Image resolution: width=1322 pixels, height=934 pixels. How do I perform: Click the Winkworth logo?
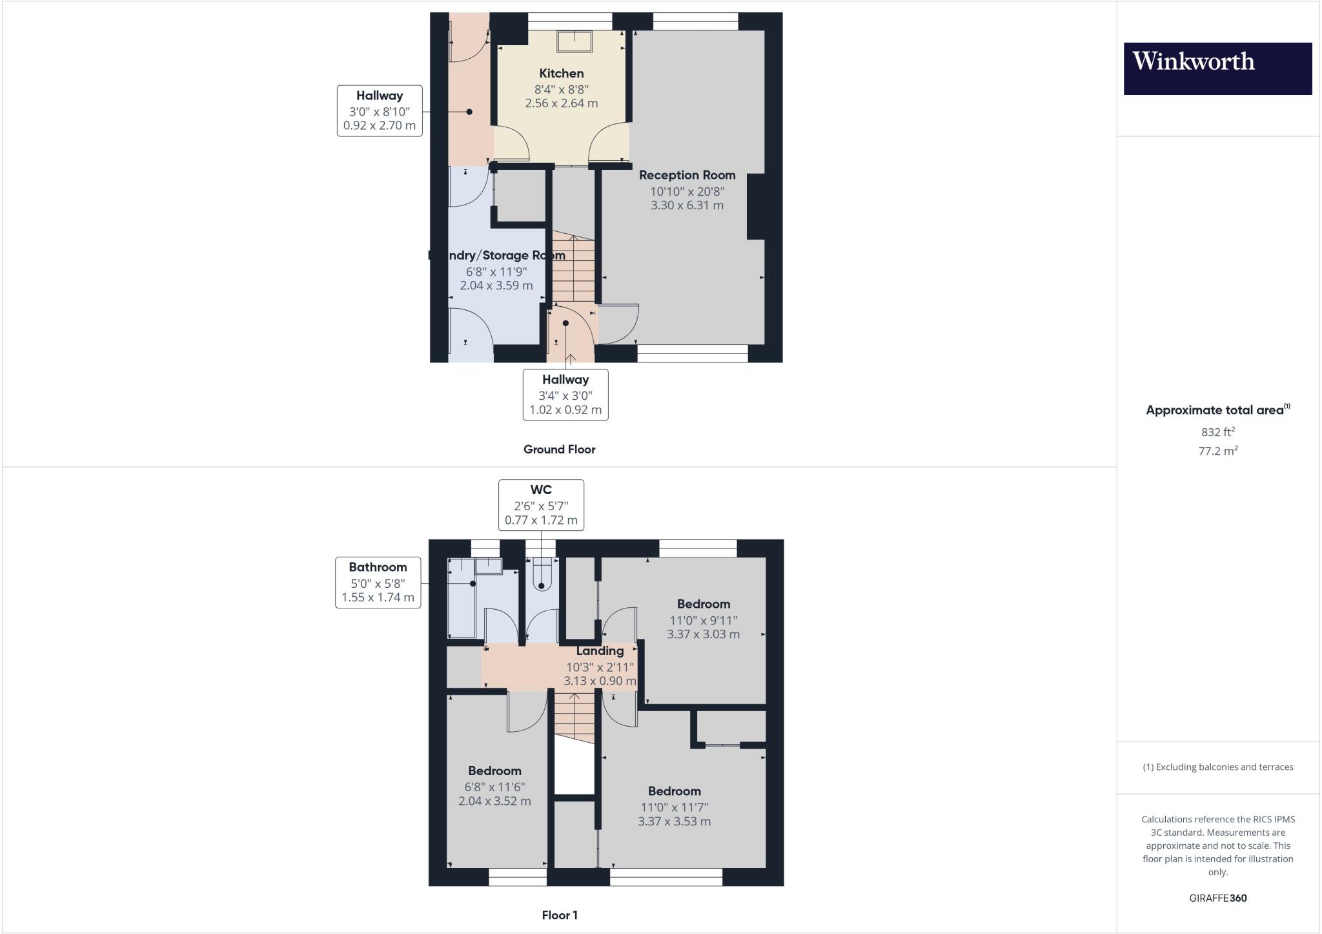tap(1217, 68)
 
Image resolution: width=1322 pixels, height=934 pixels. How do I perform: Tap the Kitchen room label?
tap(562, 74)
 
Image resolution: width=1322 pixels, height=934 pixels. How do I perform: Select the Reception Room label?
tap(687, 175)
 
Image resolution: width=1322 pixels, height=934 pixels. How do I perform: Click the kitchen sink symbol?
tap(575, 41)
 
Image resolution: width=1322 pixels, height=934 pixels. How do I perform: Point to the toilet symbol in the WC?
tap(542, 576)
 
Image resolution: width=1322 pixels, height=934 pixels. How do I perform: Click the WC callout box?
tap(541, 505)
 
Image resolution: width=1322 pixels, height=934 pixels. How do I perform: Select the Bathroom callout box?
tap(378, 582)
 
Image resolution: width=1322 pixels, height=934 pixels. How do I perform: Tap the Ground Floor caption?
tap(559, 450)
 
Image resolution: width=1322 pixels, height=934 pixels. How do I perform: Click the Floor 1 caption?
tap(560, 915)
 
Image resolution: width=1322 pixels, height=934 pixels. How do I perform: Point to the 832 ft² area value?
tap(1217, 432)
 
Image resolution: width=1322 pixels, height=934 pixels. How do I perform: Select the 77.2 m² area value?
tap(1217, 451)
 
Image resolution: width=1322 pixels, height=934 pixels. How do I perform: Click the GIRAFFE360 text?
tap(1217, 898)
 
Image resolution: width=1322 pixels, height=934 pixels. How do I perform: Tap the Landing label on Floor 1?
tap(600, 651)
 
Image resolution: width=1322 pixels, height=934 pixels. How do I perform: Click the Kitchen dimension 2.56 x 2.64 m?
tap(562, 103)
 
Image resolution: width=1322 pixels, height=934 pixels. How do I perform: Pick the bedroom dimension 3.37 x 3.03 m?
tap(703, 634)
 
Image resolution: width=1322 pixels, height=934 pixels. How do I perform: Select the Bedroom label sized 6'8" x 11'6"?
tap(494, 771)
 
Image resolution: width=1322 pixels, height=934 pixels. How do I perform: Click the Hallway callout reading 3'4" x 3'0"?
tap(565, 394)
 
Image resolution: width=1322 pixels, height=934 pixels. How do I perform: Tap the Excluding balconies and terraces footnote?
tap(1217, 767)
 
